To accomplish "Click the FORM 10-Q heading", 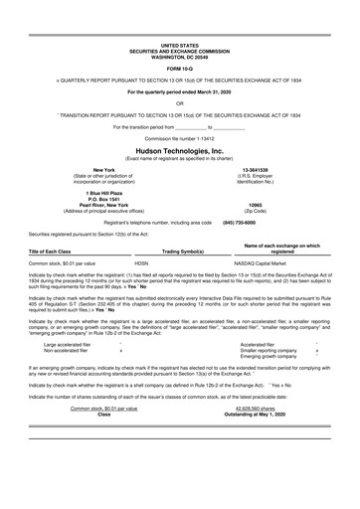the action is [x=179, y=67].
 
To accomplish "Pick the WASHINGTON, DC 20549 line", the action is [x=179, y=55].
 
